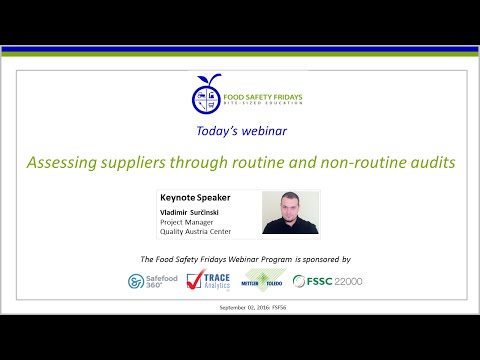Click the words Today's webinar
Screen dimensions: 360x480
[x=240, y=129]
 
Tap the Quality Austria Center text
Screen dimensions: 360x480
[x=194, y=232]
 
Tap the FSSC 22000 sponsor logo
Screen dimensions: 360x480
[x=328, y=281]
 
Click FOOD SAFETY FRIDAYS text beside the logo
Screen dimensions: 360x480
[x=261, y=97]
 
